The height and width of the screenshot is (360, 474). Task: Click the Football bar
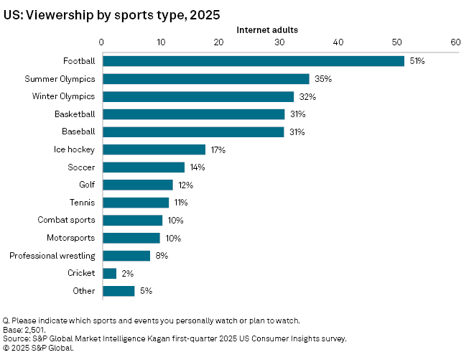pos(253,61)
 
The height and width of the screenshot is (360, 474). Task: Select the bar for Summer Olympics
pos(205,79)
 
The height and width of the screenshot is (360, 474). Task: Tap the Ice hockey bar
pos(154,149)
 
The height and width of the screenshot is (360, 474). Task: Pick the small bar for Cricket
pos(109,273)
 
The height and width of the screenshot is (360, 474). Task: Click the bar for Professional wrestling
pos(126,256)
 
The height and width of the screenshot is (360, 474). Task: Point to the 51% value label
pos(417,61)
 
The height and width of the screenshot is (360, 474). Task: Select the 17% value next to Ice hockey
pos(218,149)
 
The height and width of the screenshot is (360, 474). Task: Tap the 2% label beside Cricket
pos(128,273)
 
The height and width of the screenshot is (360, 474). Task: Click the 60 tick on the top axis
pos(455,42)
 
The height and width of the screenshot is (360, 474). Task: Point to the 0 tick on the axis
pos(102,42)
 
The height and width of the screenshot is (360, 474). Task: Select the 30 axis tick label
pos(278,42)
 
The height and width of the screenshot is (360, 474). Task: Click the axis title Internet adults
pos(268,29)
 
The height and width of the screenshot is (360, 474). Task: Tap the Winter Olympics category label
pos(64,96)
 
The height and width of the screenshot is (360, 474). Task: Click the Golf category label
pos(86,185)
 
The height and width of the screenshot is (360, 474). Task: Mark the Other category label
pos(85,291)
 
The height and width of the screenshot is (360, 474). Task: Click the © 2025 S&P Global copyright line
pos(39,347)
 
